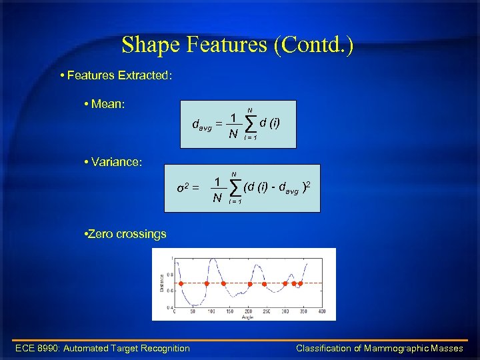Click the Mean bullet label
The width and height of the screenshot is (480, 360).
(x=111, y=104)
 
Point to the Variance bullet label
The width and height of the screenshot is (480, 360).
(x=115, y=162)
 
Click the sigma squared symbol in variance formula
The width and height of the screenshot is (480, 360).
(x=183, y=187)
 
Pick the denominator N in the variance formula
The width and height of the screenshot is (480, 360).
(x=217, y=198)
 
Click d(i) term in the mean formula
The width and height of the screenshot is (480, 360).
(x=270, y=122)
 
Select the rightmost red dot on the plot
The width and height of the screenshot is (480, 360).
(x=300, y=284)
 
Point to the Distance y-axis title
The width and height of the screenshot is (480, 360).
(x=161, y=283)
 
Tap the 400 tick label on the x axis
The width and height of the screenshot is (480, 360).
(x=322, y=311)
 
